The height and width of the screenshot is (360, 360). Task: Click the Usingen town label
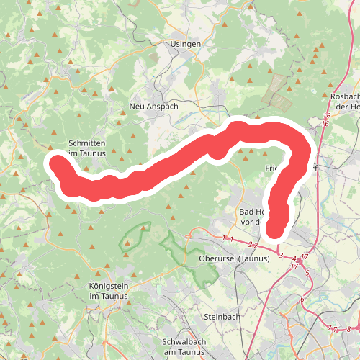pos(186,44)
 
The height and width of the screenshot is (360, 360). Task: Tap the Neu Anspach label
pos(153,106)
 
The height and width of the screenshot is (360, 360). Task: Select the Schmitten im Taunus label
pos(86,148)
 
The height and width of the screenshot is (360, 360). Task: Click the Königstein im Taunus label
pos(107,291)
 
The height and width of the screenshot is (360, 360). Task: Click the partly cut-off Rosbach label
pos(345,101)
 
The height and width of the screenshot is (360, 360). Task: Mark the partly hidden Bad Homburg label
pos(254,216)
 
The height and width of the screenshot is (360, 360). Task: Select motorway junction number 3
pos(280,255)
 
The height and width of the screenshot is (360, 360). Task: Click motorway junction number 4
pos(294,258)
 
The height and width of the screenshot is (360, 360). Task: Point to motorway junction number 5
pos(307,274)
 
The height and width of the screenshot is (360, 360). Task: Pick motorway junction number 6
pos(302,300)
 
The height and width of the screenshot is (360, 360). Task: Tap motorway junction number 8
pos(348,329)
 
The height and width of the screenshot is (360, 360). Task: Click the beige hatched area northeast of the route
pos(277,90)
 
